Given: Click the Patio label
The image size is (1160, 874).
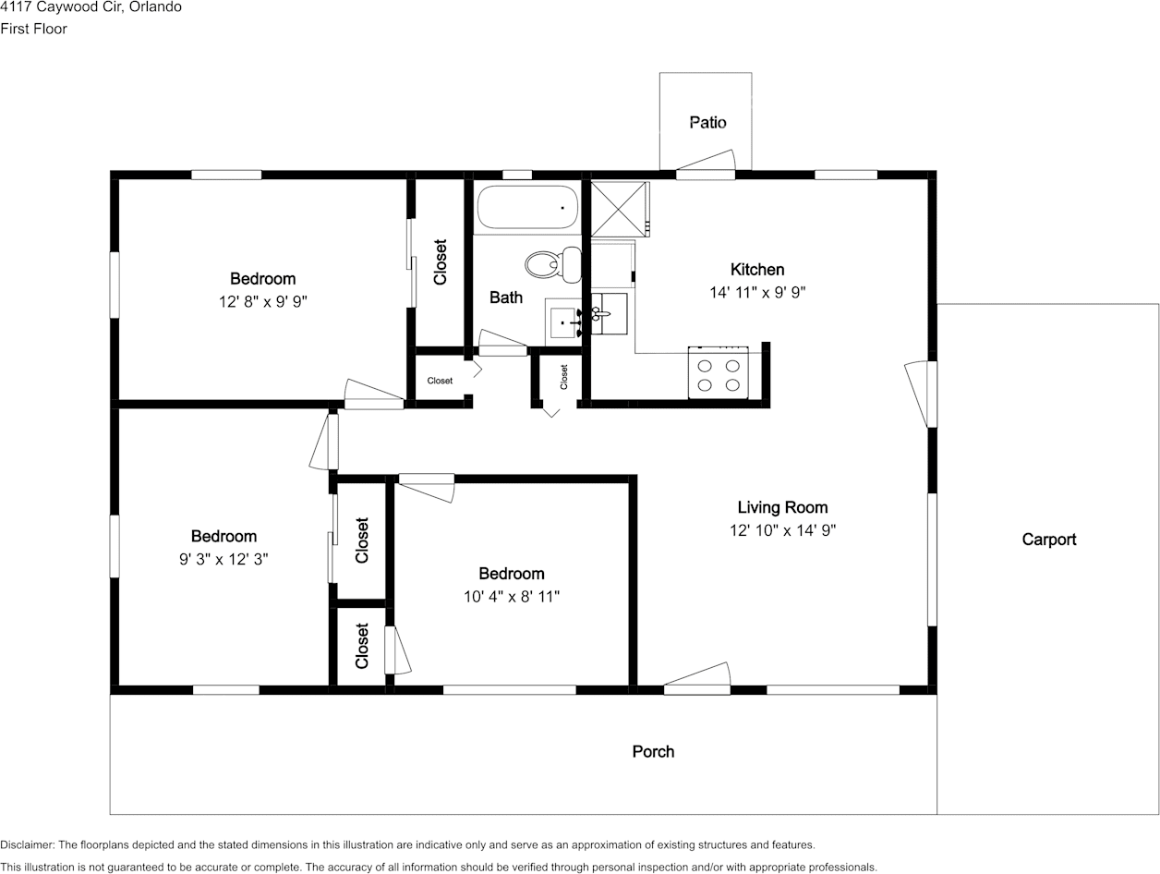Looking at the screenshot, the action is click(707, 123).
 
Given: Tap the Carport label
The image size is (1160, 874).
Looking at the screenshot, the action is click(1049, 540).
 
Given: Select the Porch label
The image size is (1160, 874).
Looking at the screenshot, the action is click(653, 752).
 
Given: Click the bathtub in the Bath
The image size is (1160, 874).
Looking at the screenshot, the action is click(527, 207).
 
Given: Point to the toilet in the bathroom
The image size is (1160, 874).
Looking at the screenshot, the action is click(553, 264).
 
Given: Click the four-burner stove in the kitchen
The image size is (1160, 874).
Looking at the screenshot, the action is click(719, 372).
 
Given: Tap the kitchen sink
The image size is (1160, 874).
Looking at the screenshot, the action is click(609, 314).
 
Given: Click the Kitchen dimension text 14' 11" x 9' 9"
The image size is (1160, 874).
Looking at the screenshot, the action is click(757, 292).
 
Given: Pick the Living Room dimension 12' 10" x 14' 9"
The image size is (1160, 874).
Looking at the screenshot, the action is click(782, 530).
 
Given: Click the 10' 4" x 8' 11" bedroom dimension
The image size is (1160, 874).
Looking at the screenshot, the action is click(512, 597).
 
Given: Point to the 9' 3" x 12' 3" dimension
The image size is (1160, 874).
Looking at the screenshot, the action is click(224, 559).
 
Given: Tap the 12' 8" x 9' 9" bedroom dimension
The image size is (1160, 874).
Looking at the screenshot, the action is click(262, 302).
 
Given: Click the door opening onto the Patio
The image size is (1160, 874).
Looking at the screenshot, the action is click(706, 164).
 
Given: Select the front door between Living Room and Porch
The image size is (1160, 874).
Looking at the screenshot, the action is click(697, 679).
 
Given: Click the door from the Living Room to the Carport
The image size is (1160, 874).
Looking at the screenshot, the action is click(921, 394).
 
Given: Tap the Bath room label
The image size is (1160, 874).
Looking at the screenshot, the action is click(506, 297).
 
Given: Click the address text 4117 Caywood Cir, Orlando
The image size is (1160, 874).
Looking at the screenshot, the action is click(91, 6).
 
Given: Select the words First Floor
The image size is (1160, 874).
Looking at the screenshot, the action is click(34, 29).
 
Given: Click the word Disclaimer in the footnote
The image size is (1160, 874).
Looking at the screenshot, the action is click(27, 845).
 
